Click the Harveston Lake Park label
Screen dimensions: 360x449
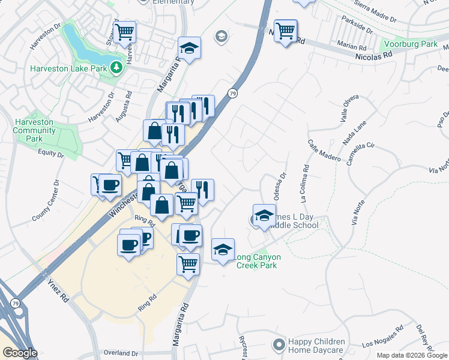pyautogui.click(x=68, y=68)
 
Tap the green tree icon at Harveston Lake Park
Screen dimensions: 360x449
pyautogui.click(x=116, y=68)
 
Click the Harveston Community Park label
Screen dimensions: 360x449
pyautogui.click(x=34, y=130)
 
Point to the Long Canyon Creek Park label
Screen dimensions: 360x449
pyautogui.click(x=256, y=261)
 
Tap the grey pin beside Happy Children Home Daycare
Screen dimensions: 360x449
pyautogui.click(x=279, y=345)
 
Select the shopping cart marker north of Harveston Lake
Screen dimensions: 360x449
pyautogui.click(x=125, y=32)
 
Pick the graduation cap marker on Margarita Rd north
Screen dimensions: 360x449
pyautogui.click(x=190, y=48)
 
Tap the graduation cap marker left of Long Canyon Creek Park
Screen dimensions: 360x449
pyautogui.click(x=223, y=249)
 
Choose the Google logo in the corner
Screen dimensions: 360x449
pyautogui.click(x=19, y=353)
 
